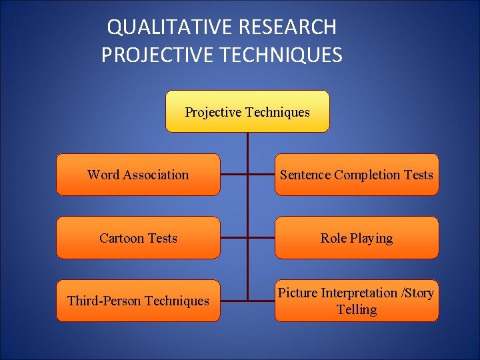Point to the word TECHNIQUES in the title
point(281,55)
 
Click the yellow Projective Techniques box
point(247,111)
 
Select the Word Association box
point(138,175)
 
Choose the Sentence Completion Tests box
point(357,175)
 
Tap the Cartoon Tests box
point(138,238)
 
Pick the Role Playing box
point(357,238)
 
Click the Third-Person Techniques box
point(138,301)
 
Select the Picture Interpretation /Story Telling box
point(357,301)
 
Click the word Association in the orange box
point(155,175)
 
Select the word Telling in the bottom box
point(357,309)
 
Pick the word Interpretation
point(359,293)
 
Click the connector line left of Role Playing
point(261,238)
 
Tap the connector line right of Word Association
point(233,175)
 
